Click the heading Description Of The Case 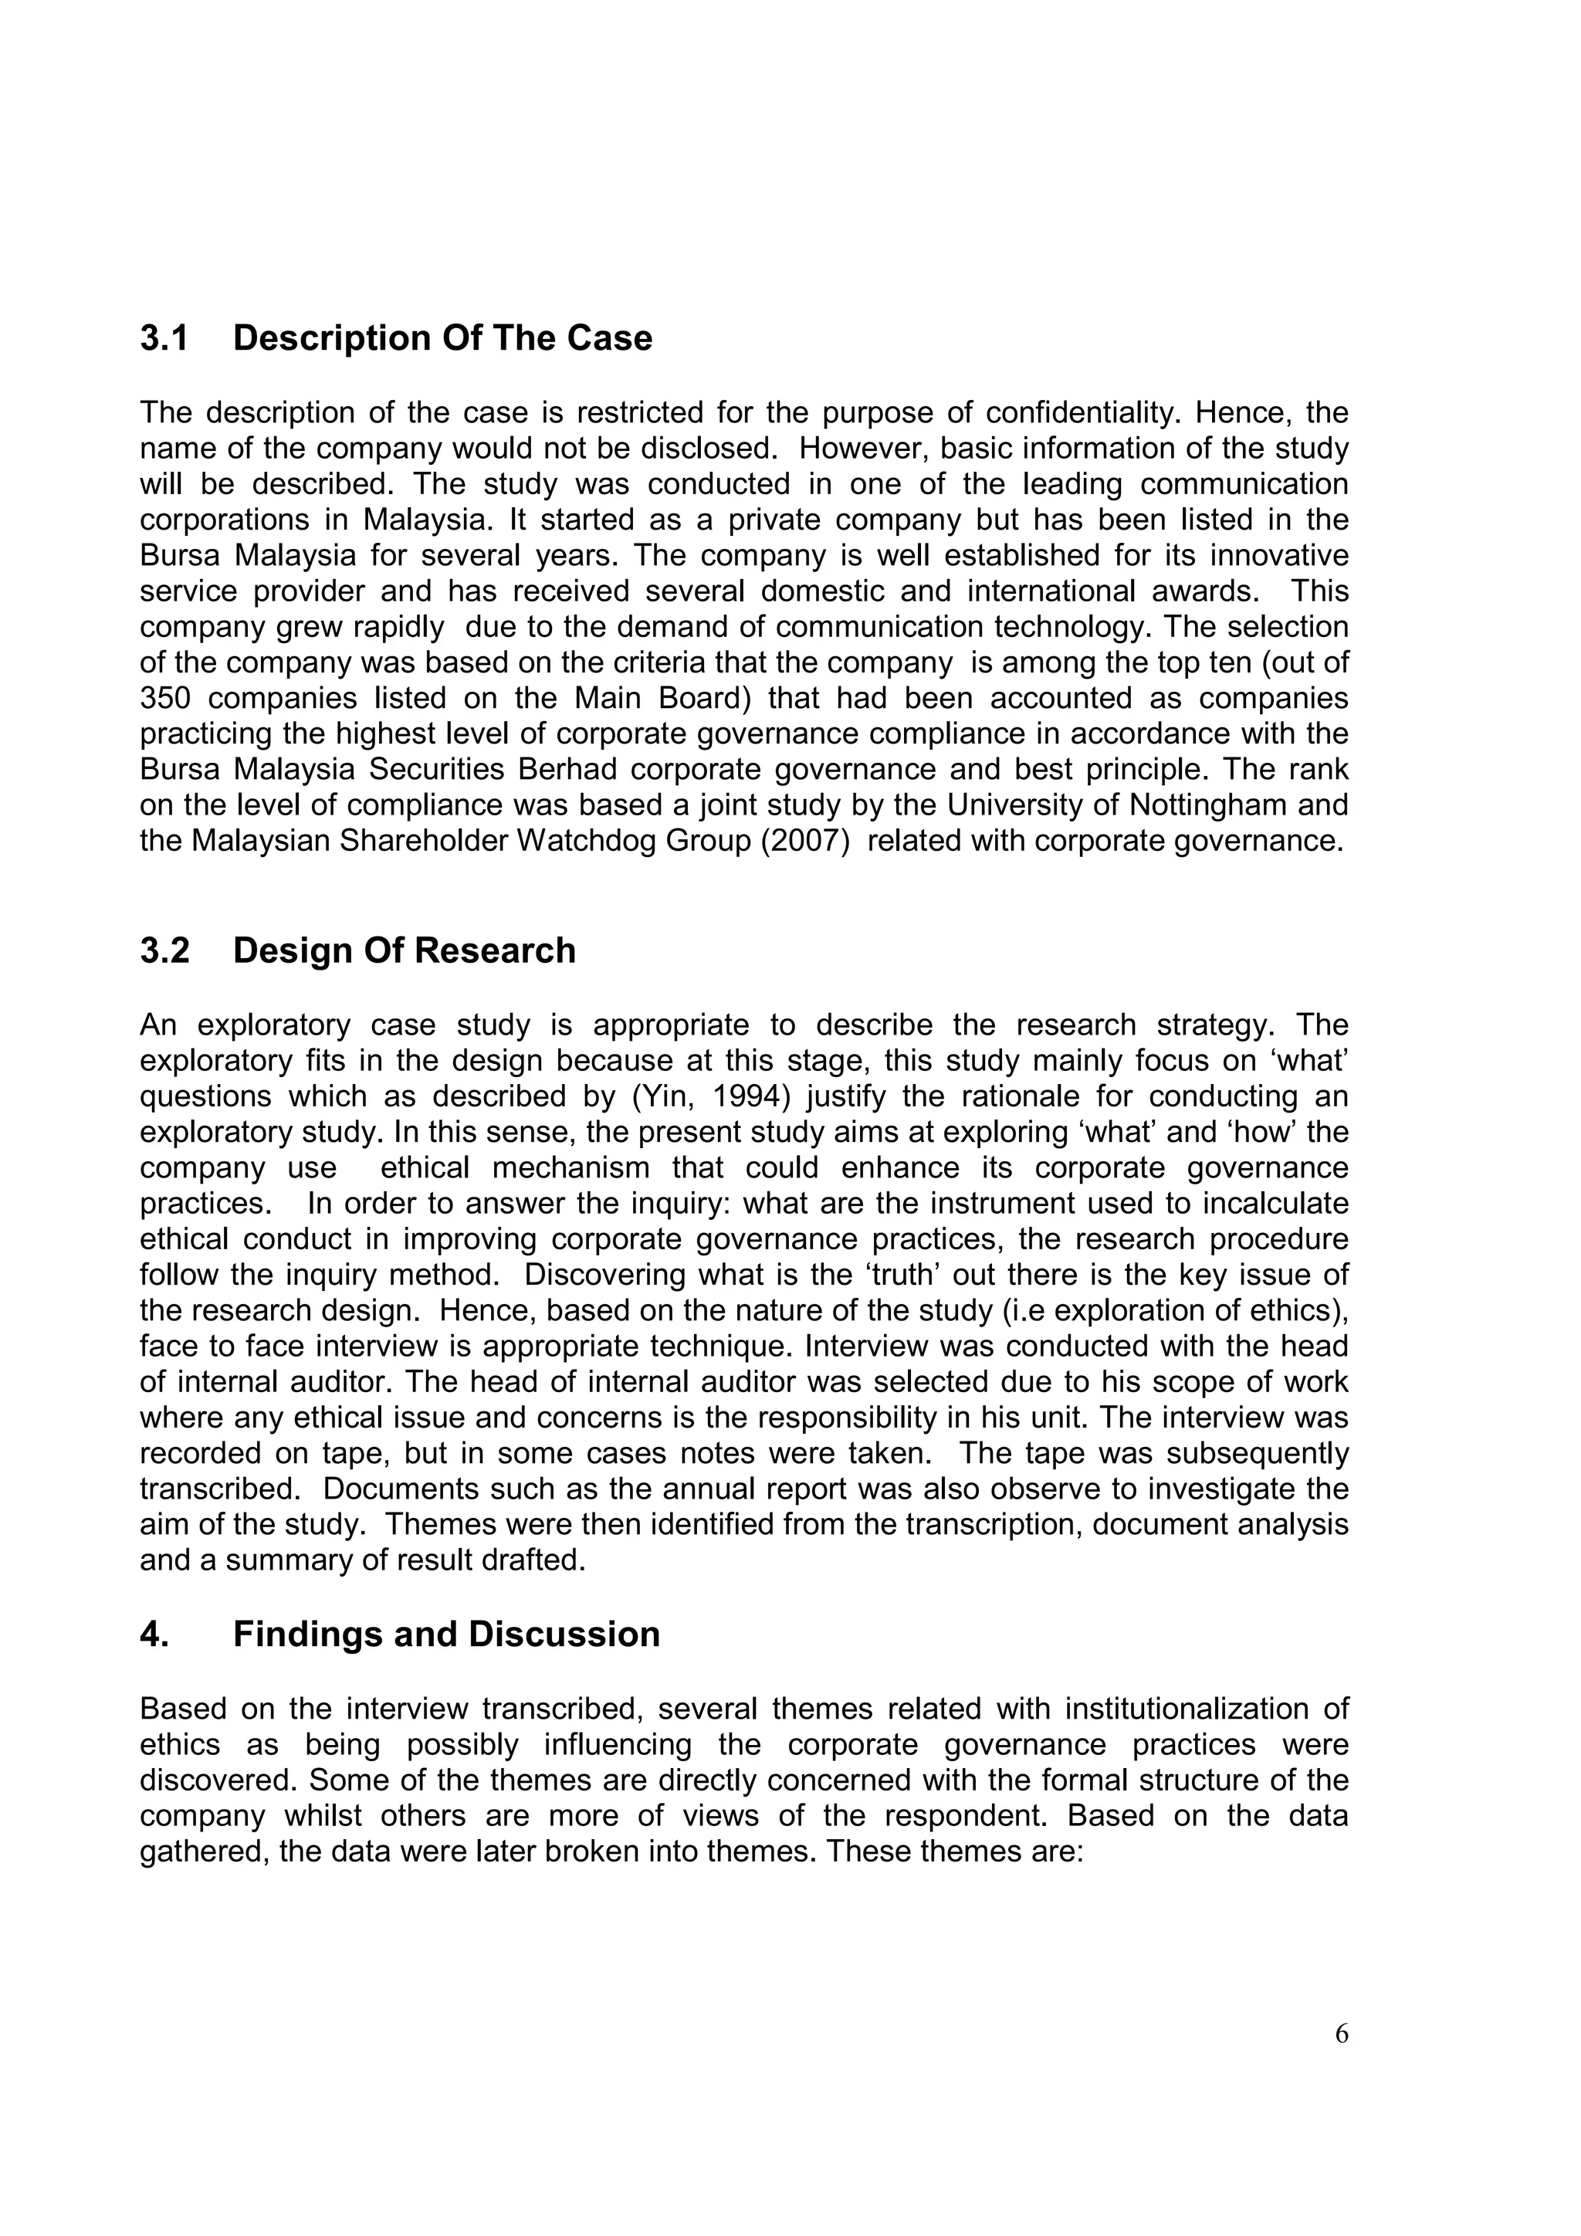click(x=442, y=338)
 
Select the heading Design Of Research click(x=404, y=950)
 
